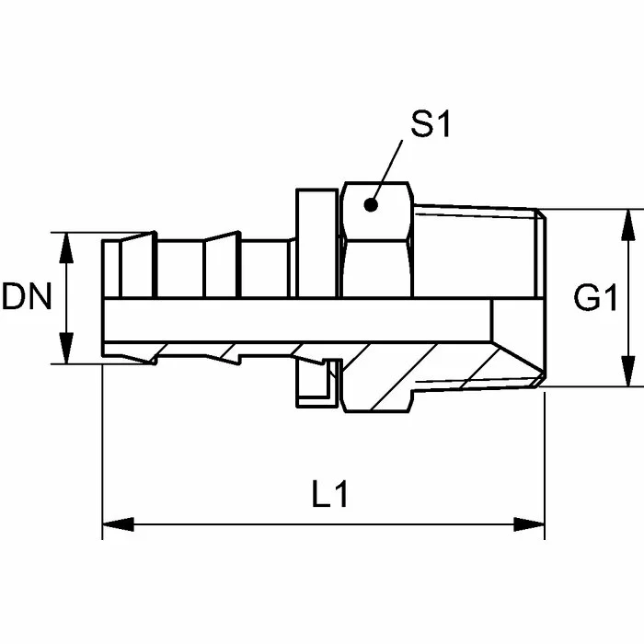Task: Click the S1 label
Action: (431, 123)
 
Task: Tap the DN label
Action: (27, 296)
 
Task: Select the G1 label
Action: (595, 297)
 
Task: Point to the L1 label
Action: (329, 494)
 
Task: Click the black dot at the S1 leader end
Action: (371, 204)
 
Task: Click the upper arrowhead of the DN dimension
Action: (65, 247)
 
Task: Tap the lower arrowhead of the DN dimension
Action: (65, 349)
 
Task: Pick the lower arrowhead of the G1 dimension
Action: (628, 372)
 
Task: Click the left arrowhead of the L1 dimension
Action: (118, 524)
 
